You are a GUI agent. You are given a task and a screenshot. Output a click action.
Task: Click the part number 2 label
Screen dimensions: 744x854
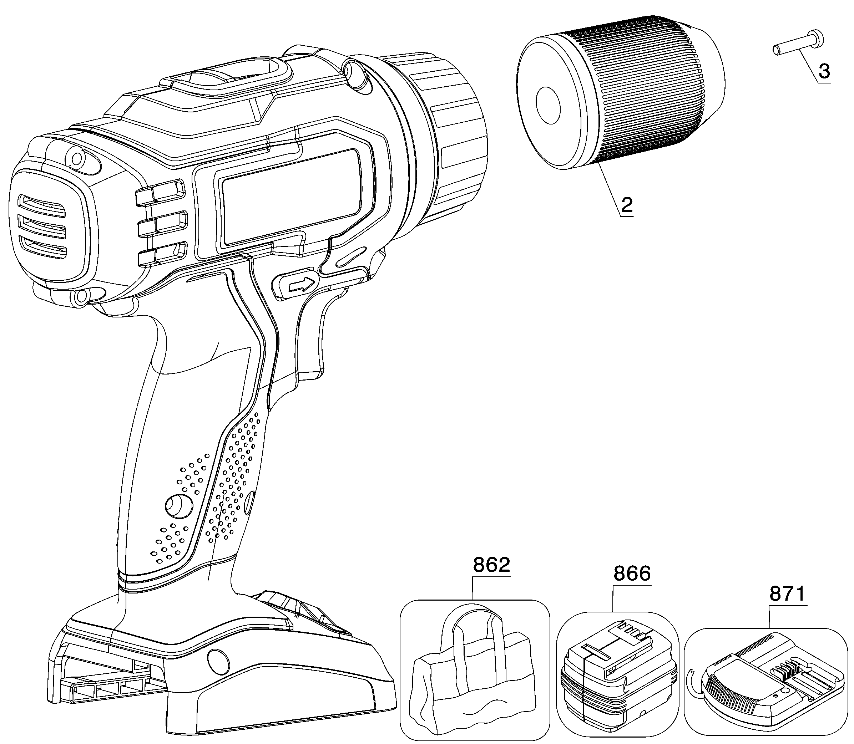point(626,205)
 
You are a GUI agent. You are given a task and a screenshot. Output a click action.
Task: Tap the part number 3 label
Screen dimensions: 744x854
point(824,71)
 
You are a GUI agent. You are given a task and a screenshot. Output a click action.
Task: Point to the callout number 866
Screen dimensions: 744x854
point(632,574)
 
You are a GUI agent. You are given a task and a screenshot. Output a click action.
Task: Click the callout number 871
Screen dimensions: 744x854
point(788,594)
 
